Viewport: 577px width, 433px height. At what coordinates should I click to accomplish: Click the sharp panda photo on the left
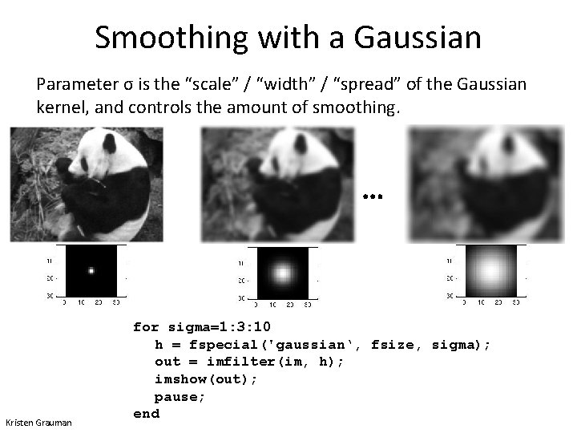pos(87,184)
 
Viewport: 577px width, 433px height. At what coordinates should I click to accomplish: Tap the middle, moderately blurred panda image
pos(277,184)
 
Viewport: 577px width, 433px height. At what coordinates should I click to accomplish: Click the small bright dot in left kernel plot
pos(91,270)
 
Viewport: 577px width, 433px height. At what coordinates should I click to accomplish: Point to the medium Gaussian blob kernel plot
pos(282,273)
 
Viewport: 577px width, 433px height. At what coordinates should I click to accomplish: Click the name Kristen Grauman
pos(38,423)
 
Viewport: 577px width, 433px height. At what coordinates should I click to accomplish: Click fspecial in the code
pos(220,345)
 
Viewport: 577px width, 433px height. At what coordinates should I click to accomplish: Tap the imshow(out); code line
pos(206,379)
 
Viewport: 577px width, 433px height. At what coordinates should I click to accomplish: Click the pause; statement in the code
pos(180,396)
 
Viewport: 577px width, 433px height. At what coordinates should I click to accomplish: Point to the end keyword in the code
pos(147,414)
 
